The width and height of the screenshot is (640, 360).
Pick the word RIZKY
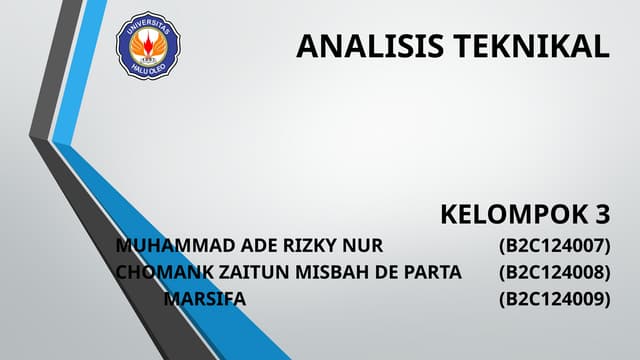[312, 246]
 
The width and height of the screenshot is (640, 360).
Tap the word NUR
[363, 246]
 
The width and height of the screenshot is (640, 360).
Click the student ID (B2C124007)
[554, 246]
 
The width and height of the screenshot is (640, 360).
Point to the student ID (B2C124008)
[554, 272]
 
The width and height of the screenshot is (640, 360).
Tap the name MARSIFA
[205, 298]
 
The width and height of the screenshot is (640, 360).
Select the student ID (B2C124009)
[554, 298]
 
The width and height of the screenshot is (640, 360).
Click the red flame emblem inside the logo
[149, 39]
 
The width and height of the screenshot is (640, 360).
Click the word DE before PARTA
[387, 272]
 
